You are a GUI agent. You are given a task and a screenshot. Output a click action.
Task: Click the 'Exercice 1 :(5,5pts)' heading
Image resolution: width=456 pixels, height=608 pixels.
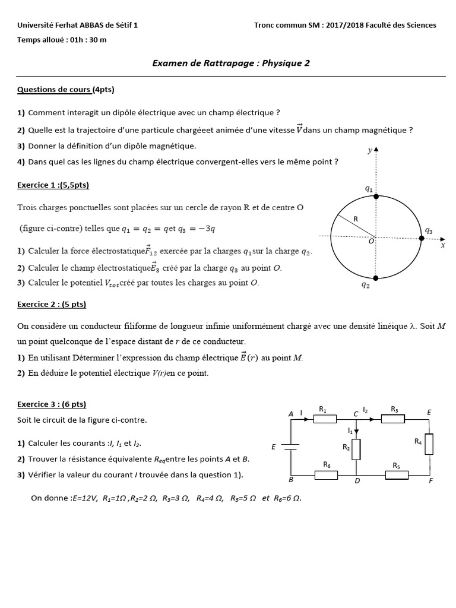tap(53, 185)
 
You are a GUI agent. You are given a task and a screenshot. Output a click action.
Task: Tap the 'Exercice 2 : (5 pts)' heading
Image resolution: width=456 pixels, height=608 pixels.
tap(52, 304)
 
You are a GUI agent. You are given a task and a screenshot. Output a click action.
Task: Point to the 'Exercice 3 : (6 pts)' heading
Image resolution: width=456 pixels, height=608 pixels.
tap(52, 404)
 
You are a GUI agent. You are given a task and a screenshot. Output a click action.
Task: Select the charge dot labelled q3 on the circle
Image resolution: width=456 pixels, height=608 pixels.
tap(422, 238)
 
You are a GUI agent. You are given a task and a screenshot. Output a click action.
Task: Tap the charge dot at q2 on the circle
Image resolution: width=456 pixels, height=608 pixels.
tap(375, 277)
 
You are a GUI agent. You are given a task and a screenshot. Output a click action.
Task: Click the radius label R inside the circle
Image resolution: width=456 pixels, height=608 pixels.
tap(356, 219)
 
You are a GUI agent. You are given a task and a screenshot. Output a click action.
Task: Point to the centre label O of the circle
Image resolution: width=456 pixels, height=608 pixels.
tap(371, 241)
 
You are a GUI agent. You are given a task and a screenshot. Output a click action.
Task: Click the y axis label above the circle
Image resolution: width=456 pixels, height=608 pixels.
tap(369, 151)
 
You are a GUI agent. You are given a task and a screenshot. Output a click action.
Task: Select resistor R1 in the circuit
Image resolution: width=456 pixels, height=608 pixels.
tap(325, 419)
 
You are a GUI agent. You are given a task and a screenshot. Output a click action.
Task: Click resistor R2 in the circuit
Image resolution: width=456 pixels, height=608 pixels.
tap(357, 449)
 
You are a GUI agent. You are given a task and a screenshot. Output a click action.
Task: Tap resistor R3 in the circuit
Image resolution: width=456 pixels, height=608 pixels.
tap(392, 419)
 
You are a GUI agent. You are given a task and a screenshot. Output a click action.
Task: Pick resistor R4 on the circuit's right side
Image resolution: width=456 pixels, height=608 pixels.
tap(429, 444)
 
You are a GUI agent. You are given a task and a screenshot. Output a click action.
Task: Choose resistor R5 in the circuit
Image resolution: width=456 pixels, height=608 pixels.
tap(397, 474)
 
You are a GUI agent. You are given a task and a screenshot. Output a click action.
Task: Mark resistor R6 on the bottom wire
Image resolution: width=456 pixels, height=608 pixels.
tap(326, 474)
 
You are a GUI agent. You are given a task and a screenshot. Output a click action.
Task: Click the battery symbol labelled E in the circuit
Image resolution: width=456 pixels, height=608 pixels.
tap(290, 447)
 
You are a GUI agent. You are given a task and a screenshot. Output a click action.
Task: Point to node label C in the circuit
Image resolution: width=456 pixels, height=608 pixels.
tap(355, 413)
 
